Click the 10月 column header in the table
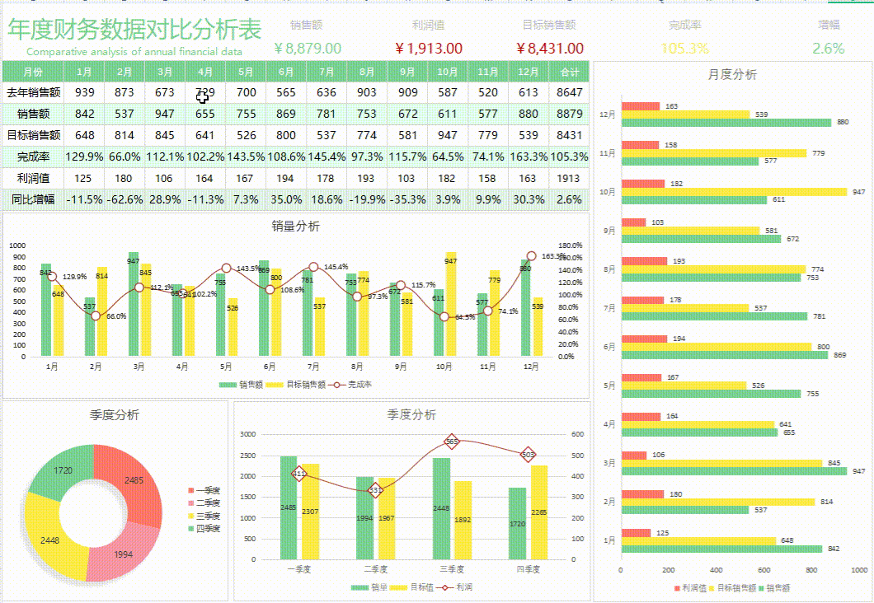[448, 72]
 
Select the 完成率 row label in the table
[33, 156]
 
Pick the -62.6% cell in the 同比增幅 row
[125, 199]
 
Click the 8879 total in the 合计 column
[569, 114]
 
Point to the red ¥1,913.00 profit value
[428, 49]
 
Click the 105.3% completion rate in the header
[684, 49]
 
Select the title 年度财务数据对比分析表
[134, 30]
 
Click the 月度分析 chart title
[731, 75]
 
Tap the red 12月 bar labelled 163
[641, 106]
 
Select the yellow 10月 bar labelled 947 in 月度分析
[734, 192]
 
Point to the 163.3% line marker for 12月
[531, 256]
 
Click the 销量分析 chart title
[296, 227]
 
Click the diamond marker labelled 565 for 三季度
[451, 442]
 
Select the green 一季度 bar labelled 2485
[289, 507]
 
